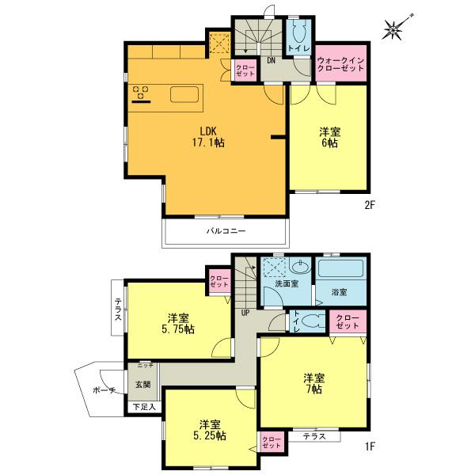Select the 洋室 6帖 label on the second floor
coord(330,138)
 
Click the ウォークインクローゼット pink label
coord(341,64)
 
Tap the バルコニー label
coord(226,232)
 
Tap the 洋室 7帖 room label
coord(314,382)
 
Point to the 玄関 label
coord(142,386)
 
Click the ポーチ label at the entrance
coord(104,390)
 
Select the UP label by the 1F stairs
coord(245,312)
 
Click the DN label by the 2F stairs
coord(270,59)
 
